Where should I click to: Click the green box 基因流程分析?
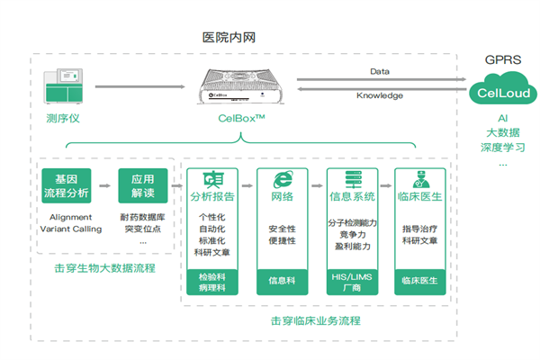coord(66,185)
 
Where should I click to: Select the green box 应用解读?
coord(144,185)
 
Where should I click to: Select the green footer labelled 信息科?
coord(282,279)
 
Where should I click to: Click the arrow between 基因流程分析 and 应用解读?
coord(104,186)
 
